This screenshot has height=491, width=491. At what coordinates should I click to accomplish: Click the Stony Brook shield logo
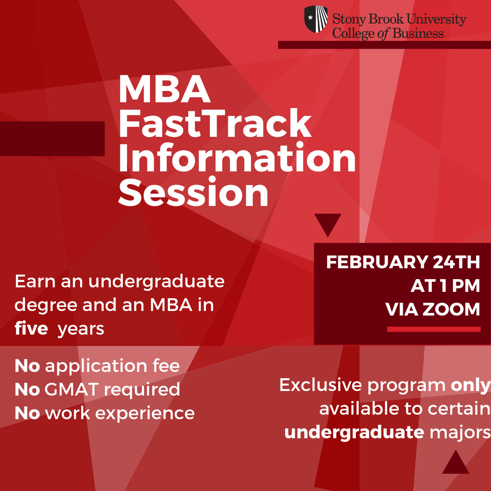[316, 19]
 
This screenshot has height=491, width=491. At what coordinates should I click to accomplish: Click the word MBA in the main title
[164, 90]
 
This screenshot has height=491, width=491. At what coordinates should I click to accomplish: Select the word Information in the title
[237, 158]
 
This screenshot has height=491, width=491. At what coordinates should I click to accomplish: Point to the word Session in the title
[193, 193]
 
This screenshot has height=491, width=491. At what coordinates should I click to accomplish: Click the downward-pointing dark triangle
[327, 223]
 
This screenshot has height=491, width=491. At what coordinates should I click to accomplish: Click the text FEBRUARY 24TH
[403, 262]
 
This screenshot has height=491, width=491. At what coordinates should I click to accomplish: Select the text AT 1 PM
[445, 286]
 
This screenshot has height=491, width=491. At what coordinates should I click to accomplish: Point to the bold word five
[31, 328]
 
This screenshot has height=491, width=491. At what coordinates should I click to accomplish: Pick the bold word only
[470, 385]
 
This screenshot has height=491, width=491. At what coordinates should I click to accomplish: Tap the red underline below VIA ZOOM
[434, 329]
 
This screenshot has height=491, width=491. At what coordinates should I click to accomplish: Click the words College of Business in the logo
[388, 33]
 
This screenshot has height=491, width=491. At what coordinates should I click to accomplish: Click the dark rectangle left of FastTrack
[52, 139]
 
